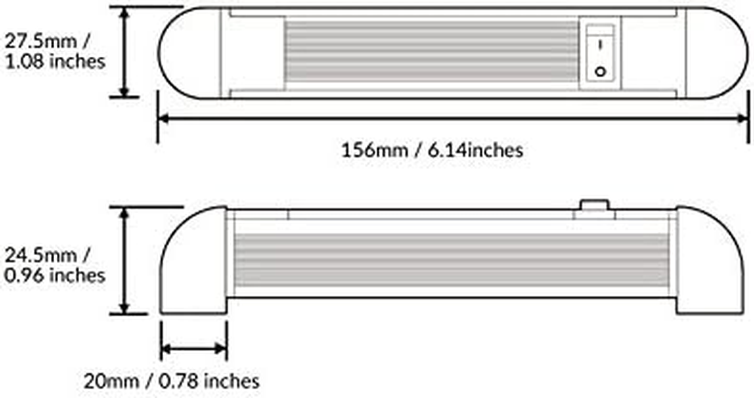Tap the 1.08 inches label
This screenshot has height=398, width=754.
(55, 61)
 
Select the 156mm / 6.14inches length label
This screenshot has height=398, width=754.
(432, 150)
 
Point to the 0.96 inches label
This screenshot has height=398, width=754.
(55, 275)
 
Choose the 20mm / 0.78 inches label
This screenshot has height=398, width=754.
(171, 382)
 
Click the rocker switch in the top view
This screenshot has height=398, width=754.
(600, 53)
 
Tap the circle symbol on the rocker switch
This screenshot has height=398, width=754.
(601, 72)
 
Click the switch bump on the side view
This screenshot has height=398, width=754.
(594, 205)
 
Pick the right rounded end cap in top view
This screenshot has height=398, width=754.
(717, 53)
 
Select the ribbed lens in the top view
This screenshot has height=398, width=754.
(431, 51)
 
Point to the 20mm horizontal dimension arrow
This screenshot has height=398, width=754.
(194, 349)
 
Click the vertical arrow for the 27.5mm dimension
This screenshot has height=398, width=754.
(124, 52)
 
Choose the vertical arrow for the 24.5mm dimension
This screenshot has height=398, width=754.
(124, 260)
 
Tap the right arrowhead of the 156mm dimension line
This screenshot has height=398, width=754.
(743, 118)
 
